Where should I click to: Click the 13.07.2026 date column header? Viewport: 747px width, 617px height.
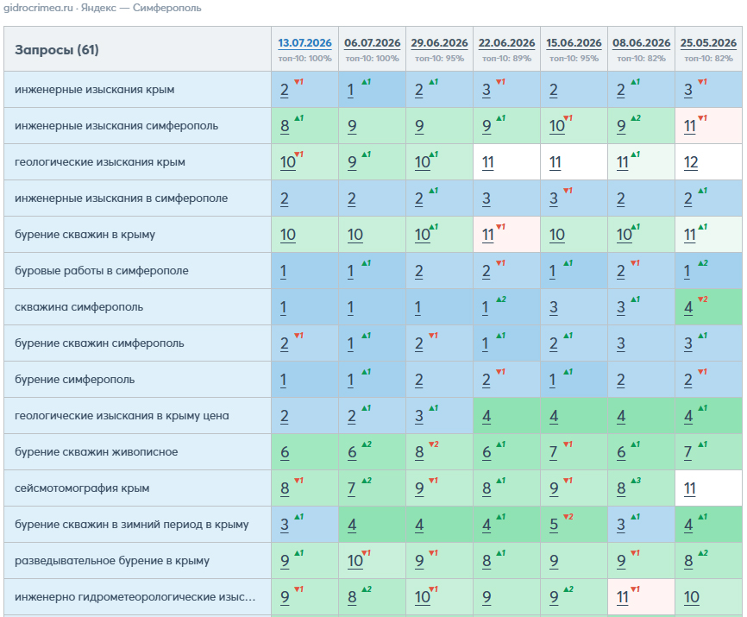point(304,43)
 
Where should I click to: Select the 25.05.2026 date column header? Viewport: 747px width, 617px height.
point(708,43)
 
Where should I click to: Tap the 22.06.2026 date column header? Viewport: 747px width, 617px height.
point(506,43)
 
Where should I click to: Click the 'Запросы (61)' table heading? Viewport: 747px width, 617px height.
point(57,49)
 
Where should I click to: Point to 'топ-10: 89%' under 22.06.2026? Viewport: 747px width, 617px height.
point(506,59)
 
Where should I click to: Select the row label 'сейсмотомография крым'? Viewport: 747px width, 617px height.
point(82,488)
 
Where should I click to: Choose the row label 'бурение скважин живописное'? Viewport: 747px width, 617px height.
point(97,451)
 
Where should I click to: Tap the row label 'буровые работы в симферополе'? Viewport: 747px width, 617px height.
point(102,271)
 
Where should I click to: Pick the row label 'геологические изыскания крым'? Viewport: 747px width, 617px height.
point(100,162)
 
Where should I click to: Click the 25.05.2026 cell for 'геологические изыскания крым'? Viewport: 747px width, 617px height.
point(708,162)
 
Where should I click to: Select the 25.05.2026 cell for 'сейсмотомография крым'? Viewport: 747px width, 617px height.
point(708,488)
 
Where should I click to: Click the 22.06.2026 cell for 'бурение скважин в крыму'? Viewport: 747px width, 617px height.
point(506,235)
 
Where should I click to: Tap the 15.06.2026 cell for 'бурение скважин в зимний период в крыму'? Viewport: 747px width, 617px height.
point(574,524)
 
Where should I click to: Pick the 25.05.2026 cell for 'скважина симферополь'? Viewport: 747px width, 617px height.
point(708,307)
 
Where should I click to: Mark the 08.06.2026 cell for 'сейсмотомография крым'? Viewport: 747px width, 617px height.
point(641,488)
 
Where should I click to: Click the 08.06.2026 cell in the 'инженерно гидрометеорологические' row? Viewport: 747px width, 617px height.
point(641,596)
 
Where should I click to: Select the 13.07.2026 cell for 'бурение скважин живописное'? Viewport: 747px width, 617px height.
point(304,451)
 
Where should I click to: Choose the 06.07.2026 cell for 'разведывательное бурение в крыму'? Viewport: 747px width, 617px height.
point(372,560)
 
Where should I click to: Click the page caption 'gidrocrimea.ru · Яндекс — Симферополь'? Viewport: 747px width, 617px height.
point(103,8)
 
